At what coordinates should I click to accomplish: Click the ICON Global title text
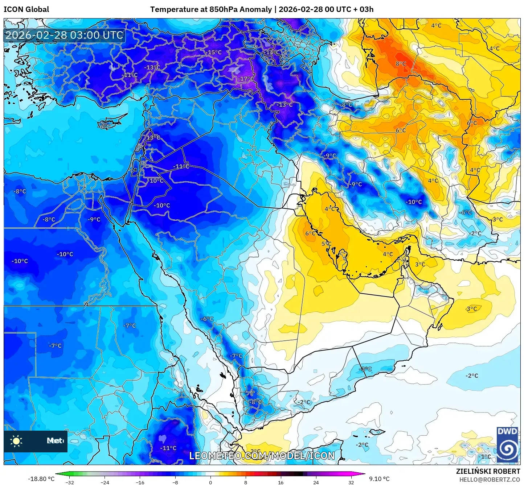pos(26,9)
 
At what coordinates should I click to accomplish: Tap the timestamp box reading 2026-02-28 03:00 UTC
pos(64,35)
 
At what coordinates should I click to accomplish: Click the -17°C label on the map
pos(246,79)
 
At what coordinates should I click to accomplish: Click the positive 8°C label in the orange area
pos(401,64)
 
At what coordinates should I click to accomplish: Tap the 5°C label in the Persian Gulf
pos(326,244)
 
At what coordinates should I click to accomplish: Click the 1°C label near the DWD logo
pos(486,456)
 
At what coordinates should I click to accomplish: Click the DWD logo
pos(507,444)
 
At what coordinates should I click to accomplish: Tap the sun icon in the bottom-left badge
pos(16,441)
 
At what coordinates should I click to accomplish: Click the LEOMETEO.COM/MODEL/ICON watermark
pos(262,456)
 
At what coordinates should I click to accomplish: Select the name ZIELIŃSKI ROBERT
pos(488,471)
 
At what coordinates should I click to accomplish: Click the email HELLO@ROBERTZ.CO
pos(490,480)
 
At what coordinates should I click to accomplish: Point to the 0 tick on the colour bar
pos(210,482)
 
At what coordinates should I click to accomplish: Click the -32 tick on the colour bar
pos(70,482)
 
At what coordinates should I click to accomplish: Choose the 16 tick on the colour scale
pos(281,482)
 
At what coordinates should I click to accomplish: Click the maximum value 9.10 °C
pos(379,479)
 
